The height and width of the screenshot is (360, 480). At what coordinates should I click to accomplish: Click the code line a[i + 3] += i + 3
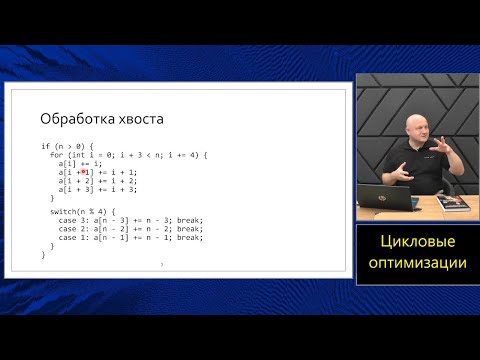[x=98, y=189]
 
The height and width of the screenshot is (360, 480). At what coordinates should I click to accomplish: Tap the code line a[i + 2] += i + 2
[x=98, y=180]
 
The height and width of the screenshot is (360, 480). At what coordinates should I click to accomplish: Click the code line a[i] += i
[x=80, y=163]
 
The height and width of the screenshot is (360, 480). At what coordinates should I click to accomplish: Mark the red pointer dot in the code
[x=84, y=171]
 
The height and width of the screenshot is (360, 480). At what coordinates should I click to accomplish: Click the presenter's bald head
[x=414, y=130]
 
